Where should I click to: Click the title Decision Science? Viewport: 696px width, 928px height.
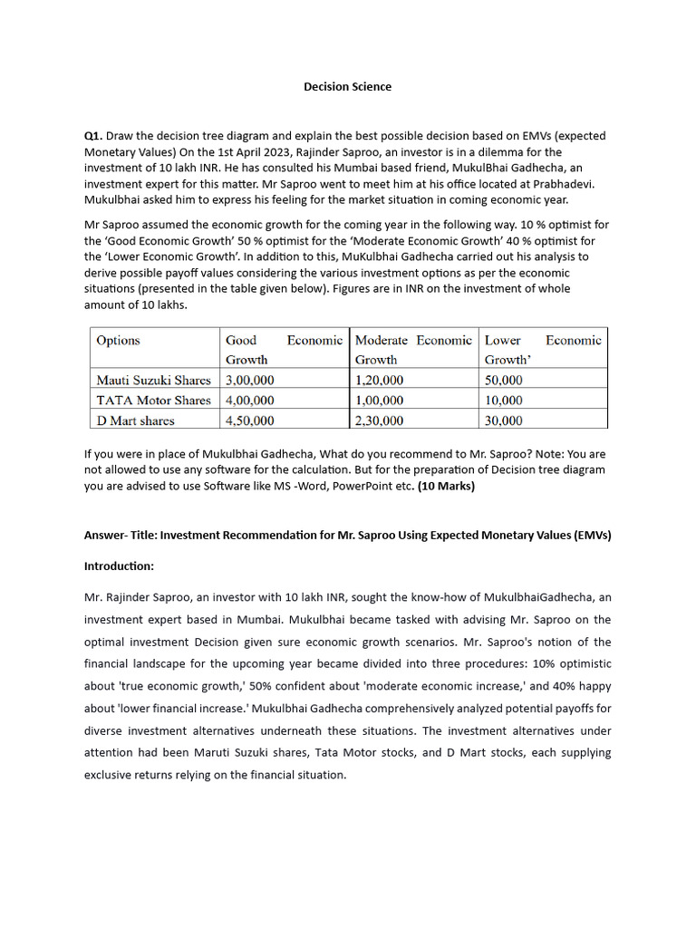(x=347, y=87)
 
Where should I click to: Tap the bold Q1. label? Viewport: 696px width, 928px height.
(x=94, y=136)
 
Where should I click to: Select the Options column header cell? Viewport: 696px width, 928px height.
(x=118, y=341)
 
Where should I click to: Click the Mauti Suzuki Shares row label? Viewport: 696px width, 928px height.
(x=153, y=381)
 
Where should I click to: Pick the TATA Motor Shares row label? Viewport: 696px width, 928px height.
(x=153, y=401)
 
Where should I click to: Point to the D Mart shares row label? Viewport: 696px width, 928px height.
(x=135, y=420)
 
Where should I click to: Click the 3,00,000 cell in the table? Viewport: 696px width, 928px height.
(x=250, y=381)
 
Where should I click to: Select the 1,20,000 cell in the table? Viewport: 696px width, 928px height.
(x=380, y=381)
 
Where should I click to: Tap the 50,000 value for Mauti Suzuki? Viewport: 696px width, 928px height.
(x=504, y=381)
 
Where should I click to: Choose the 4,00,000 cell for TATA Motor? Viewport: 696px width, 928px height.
(x=250, y=401)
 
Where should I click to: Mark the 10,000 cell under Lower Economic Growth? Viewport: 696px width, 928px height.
(x=504, y=401)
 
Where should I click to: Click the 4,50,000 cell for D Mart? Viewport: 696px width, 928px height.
(x=250, y=420)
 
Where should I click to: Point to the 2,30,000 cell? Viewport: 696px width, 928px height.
(x=380, y=420)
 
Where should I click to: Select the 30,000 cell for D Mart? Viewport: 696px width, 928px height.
(x=504, y=420)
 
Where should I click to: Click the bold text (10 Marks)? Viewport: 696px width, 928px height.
(x=446, y=487)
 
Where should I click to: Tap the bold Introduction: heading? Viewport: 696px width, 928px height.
(x=119, y=566)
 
